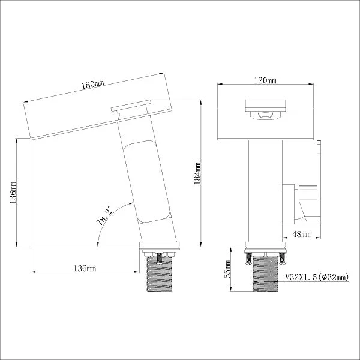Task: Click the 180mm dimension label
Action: (x=93, y=85)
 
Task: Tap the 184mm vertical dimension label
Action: (x=197, y=173)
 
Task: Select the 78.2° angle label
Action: (x=104, y=216)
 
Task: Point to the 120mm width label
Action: (x=265, y=80)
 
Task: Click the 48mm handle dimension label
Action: (x=301, y=234)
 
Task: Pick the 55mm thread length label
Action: (x=227, y=269)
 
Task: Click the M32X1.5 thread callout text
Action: (x=317, y=277)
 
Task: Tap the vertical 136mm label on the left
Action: (x=13, y=192)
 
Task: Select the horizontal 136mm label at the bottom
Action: (x=85, y=268)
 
